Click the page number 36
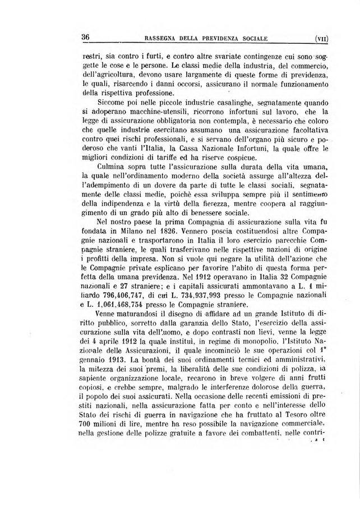[86, 38]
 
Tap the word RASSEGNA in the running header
[162, 39]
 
